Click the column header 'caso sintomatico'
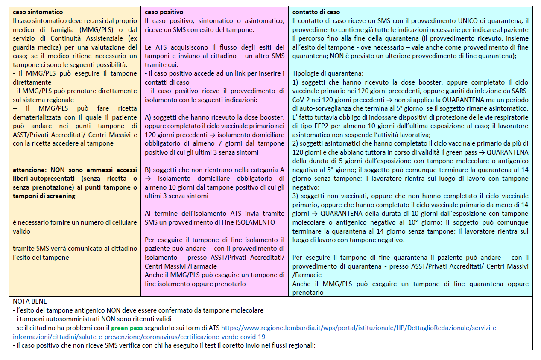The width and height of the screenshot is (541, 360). click(38, 12)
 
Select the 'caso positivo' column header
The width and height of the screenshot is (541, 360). click(164, 12)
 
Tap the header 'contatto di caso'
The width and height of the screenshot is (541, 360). click(316, 12)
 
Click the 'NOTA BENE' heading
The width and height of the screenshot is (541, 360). click(30, 301)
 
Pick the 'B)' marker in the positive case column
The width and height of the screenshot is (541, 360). click(149, 170)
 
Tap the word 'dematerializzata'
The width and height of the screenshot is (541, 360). click(40, 117)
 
